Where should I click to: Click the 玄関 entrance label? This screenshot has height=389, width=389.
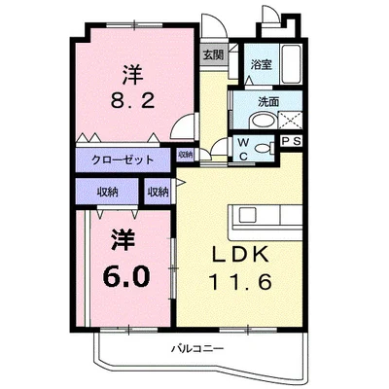coord(212,54)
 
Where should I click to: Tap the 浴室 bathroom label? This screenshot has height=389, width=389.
coord(260,64)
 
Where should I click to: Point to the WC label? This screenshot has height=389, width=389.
coord(244,147)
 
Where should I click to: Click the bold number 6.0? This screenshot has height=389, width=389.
coord(126,276)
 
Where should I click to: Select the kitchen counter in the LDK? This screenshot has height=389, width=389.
coord(265,214)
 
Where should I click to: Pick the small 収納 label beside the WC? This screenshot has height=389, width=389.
coord(186,154)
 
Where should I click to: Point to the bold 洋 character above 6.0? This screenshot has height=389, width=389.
coord(122,238)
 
